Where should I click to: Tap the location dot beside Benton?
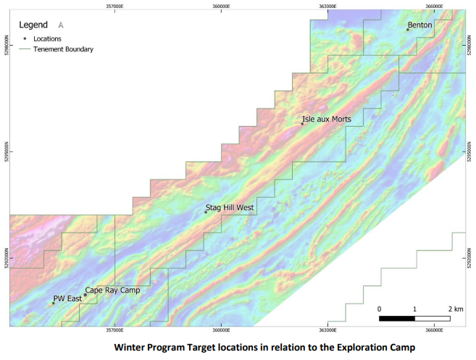[x=408, y=30]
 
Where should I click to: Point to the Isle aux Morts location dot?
[x=302, y=124]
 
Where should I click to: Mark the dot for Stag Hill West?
[x=206, y=212]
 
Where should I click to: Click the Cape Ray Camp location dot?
[x=85, y=295]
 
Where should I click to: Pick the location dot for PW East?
[x=53, y=304]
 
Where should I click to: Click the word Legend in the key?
[x=34, y=24]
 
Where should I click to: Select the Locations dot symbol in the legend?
[x=25, y=38]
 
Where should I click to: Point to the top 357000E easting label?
[x=114, y=4]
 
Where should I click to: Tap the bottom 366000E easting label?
[x=435, y=330]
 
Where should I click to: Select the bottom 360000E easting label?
[x=221, y=330]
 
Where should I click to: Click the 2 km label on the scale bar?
[x=455, y=309]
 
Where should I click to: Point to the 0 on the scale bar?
[x=380, y=309]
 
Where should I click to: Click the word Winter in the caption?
[x=133, y=347]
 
